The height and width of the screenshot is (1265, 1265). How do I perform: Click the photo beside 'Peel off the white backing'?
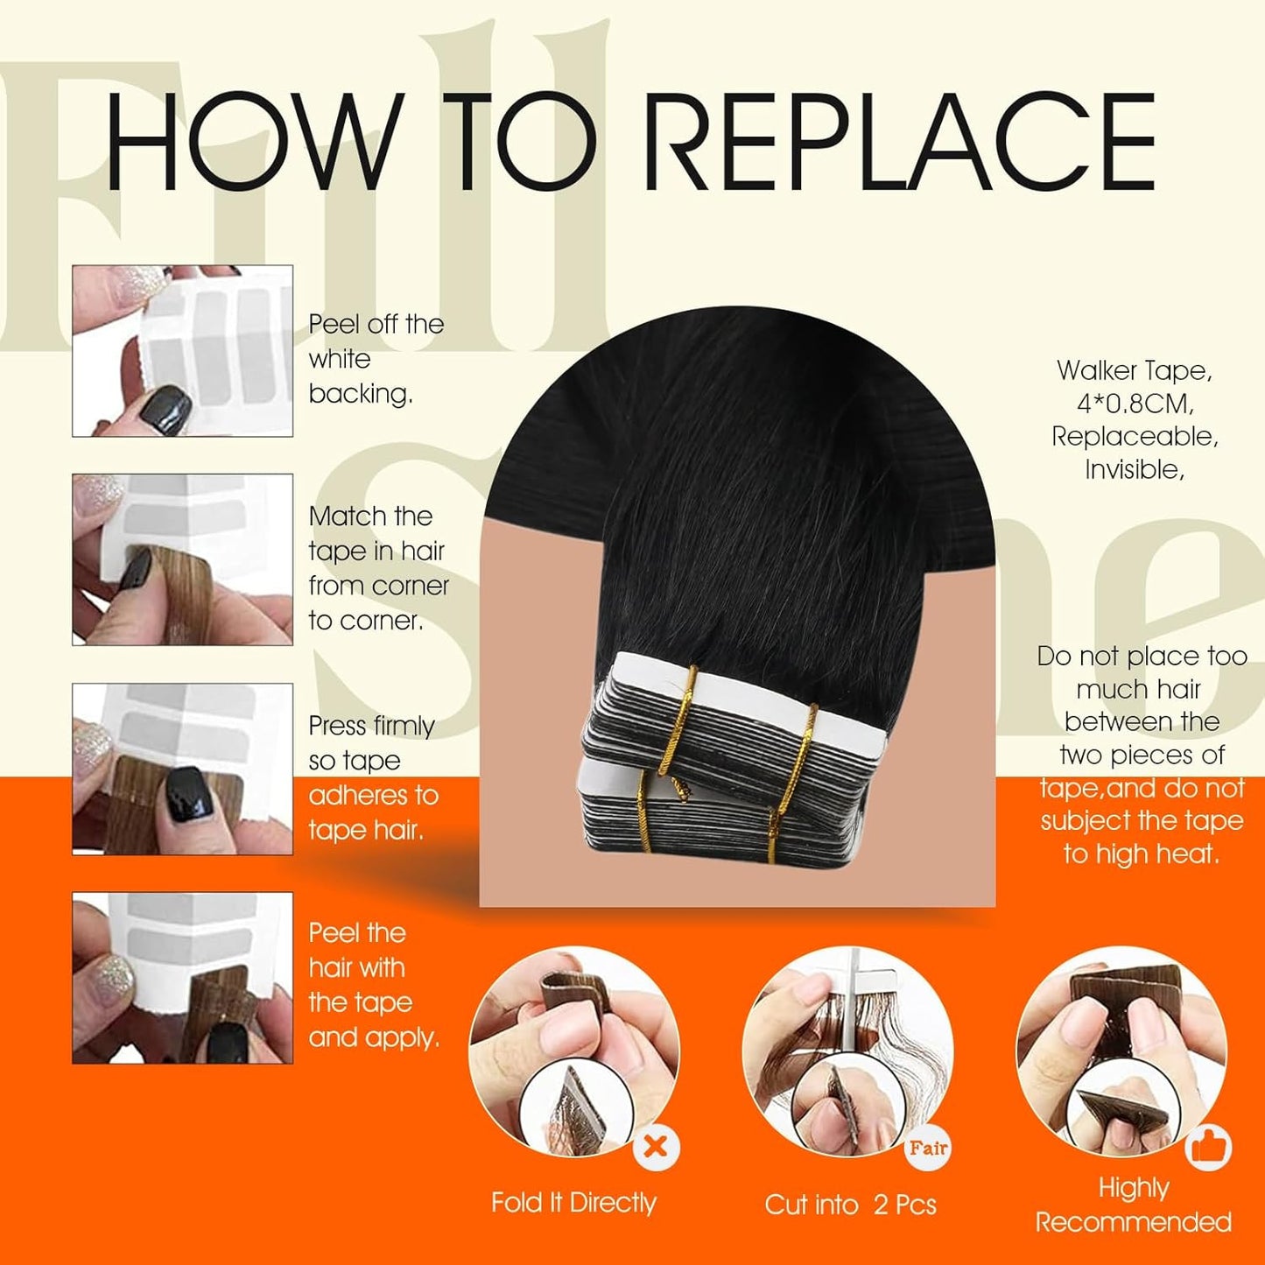[x=182, y=350]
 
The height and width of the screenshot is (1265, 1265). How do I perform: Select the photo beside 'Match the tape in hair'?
[x=182, y=559]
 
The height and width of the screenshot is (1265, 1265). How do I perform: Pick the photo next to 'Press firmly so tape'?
[x=182, y=769]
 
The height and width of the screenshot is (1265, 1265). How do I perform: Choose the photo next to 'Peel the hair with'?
[x=182, y=978]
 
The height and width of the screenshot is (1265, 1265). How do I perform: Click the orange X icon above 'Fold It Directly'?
[x=656, y=1146]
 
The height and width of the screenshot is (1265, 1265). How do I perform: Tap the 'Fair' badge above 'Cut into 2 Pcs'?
[x=928, y=1148]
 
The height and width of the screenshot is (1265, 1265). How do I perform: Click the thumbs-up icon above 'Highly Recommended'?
[x=1209, y=1147]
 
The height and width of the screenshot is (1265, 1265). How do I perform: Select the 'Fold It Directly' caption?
[x=573, y=1203]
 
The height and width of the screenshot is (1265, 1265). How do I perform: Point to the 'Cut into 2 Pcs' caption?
[x=850, y=1205]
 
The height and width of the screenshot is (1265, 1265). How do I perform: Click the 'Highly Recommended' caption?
[x=1134, y=1205]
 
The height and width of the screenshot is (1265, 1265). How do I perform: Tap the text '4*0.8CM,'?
[x=1135, y=404]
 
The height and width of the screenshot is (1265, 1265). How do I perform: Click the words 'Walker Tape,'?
[x=1135, y=370]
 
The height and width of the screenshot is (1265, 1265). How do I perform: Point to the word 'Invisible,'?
[x=1135, y=470]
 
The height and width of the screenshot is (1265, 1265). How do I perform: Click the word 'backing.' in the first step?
[x=361, y=394]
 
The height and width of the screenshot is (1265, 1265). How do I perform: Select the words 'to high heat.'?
[x=1142, y=854]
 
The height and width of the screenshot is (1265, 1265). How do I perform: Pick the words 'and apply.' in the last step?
[x=374, y=1037]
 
